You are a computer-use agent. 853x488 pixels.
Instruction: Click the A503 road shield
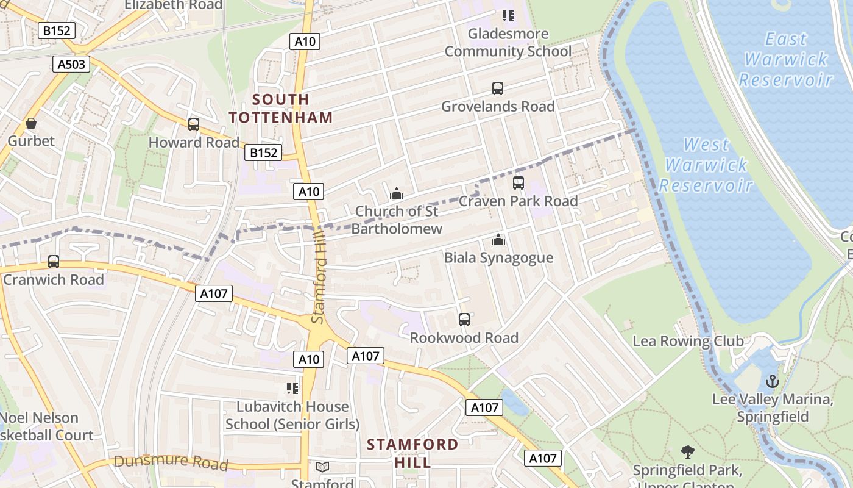71,64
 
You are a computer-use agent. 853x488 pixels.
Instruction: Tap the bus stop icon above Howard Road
194,124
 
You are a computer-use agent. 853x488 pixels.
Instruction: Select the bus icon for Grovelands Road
498,88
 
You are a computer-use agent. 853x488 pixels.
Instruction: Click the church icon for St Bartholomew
397,194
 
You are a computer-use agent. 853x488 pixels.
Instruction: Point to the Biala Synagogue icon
498,240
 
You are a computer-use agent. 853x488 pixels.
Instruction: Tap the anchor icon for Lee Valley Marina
772,382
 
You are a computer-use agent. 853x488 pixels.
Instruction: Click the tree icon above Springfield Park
687,452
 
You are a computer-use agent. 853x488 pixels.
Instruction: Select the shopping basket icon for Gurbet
31,124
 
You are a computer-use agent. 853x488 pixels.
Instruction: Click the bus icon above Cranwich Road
54,262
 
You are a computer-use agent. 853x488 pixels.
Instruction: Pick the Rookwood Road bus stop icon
464,320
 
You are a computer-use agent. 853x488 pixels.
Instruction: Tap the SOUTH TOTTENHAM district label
281,108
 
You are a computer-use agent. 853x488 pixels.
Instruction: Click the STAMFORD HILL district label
412,453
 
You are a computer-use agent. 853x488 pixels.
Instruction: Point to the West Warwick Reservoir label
706,165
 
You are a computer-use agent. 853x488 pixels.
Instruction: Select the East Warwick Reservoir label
786,59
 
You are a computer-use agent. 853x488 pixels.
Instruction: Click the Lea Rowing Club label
688,340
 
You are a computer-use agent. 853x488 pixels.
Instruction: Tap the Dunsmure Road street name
171,461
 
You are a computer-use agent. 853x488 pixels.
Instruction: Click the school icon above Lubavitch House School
292,389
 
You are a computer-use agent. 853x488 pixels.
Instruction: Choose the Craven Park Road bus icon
518,183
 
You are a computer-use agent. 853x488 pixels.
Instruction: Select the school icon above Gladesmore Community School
508,16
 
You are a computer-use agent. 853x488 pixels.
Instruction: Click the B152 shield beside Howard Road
264,152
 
